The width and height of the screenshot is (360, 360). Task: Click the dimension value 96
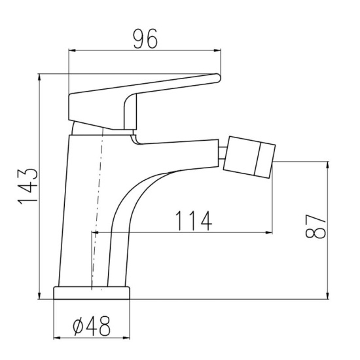point(146,39)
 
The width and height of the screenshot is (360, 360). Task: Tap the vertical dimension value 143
point(27,187)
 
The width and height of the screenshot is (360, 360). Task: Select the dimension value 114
point(194,221)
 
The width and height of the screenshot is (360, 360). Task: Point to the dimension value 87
point(315,226)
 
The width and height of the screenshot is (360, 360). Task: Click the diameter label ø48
point(92,326)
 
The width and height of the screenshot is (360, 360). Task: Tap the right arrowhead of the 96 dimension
point(217,50)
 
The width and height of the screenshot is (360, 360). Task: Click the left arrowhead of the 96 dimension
point(72,50)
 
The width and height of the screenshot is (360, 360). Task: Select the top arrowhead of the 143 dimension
point(40,77)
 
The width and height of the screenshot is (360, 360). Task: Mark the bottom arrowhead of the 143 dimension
point(40,295)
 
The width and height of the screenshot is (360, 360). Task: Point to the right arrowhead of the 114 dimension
point(268,232)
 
